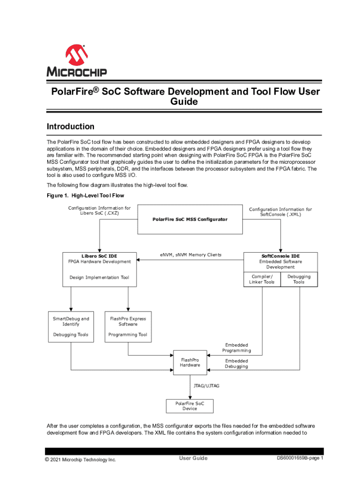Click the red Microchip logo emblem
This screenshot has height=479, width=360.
[x=76, y=55]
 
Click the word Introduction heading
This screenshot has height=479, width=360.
[x=70, y=127]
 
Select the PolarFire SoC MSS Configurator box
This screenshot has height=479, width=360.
[x=190, y=219]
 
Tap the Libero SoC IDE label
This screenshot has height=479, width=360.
[x=99, y=256]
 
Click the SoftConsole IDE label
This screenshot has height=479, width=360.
[x=281, y=256]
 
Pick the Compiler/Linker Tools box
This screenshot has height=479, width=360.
[x=262, y=279]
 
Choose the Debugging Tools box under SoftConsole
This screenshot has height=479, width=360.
[x=299, y=279]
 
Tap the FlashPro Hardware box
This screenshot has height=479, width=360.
[x=190, y=362]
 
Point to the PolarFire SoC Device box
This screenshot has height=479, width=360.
[x=190, y=406]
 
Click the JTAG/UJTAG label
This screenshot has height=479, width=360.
[x=206, y=386]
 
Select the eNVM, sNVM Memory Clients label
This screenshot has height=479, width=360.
[x=190, y=255]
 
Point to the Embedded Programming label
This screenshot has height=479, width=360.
[x=237, y=348]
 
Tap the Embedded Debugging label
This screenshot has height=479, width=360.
[x=237, y=363]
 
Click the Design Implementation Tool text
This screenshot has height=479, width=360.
[x=99, y=277]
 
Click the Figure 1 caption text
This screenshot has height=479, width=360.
[x=85, y=196]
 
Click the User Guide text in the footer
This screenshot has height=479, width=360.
[x=193, y=458]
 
